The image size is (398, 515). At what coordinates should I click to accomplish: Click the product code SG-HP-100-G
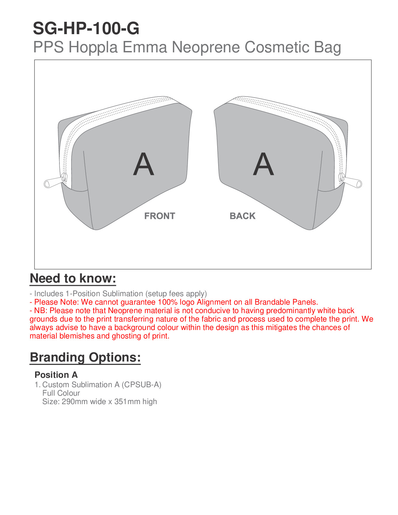pyautogui.click(x=86, y=29)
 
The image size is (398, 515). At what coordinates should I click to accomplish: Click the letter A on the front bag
pyautogui.click(x=143, y=164)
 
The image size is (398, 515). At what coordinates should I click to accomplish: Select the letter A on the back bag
pyautogui.click(x=263, y=164)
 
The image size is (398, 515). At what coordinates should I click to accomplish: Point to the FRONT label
pyautogui.click(x=160, y=216)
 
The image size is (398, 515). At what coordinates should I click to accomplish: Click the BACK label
pyautogui.click(x=243, y=216)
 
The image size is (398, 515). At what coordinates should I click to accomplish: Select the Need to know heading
pyautogui.click(x=73, y=279)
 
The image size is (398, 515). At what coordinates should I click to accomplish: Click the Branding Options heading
pyautogui.click(x=85, y=357)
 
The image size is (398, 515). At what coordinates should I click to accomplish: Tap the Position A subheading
pyautogui.click(x=56, y=375)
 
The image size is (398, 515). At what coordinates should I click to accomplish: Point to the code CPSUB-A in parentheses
pyautogui.click(x=141, y=385)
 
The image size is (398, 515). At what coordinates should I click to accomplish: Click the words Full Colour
pyautogui.click(x=61, y=393)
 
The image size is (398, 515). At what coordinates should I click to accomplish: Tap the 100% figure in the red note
pyautogui.click(x=167, y=302)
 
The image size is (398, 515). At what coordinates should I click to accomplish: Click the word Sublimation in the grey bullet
pyautogui.click(x=123, y=294)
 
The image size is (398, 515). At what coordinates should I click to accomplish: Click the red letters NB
pyautogui.click(x=41, y=310)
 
